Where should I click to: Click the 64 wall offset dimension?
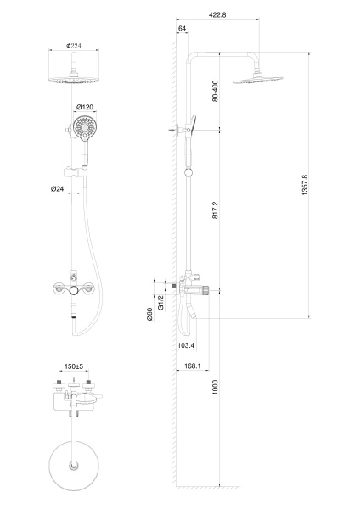coord(183,29)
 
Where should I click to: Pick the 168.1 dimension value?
coord(191,366)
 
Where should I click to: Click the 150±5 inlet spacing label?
coord(74,368)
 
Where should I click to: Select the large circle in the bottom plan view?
coord(73,466)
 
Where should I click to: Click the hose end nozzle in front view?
coord(77,319)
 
